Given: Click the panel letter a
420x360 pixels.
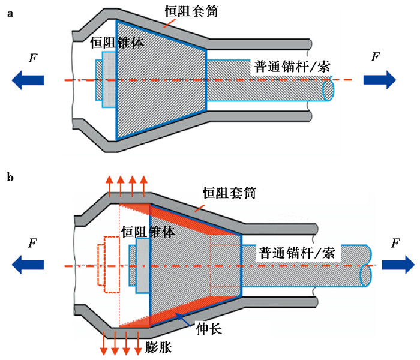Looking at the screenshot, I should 10,15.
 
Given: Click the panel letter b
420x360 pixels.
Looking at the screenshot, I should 10,178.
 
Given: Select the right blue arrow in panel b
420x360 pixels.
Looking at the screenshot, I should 397,265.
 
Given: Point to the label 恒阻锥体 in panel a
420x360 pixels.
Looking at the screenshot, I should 116,43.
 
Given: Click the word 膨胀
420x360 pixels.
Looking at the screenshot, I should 158,347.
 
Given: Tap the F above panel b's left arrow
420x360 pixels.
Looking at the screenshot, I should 30,244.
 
